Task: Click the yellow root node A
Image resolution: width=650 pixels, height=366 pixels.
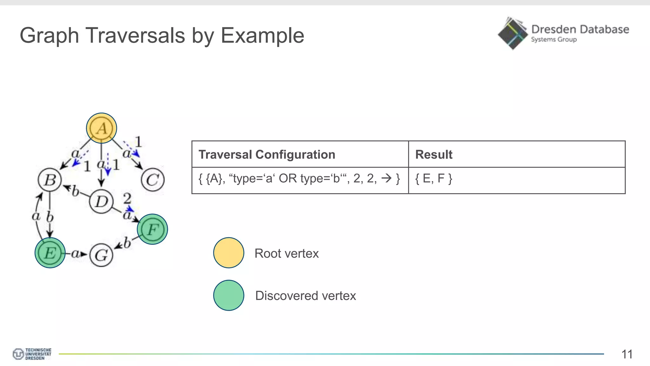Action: pyautogui.click(x=102, y=128)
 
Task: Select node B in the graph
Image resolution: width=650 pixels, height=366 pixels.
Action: pyautogui.click(x=50, y=180)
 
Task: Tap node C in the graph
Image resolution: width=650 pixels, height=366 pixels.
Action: pyautogui.click(x=153, y=180)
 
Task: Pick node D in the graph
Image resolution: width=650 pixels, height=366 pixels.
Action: pyautogui.click(x=101, y=201)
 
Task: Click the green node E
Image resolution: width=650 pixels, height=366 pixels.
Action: pyautogui.click(x=50, y=253)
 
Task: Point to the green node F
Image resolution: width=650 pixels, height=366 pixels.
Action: pyautogui.click(x=152, y=229)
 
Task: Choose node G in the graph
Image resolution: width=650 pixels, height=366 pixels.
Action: pyautogui.click(x=101, y=255)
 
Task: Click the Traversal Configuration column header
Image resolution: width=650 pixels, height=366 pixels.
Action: pyautogui.click(x=267, y=154)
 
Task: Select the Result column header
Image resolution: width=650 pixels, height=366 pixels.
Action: pyautogui.click(x=434, y=154)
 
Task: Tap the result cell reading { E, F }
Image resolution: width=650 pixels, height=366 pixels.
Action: pyautogui.click(x=434, y=178)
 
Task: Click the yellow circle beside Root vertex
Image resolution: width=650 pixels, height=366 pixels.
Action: pyautogui.click(x=229, y=253)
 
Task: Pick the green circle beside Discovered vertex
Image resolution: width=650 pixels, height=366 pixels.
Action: pyautogui.click(x=229, y=295)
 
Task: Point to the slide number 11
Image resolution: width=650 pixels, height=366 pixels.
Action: pyautogui.click(x=627, y=354)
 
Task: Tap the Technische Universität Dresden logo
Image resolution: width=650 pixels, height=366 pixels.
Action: pyautogui.click(x=32, y=354)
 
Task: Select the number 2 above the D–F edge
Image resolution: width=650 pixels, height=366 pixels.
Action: pyautogui.click(x=127, y=198)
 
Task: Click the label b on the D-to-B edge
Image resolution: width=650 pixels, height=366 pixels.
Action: pyautogui.click(x=75, y=191)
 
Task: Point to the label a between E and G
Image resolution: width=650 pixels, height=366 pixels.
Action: pyautogui.click(x=75, y=254)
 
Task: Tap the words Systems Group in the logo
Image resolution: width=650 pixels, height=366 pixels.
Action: pyautogui.click(x=554, y=39)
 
